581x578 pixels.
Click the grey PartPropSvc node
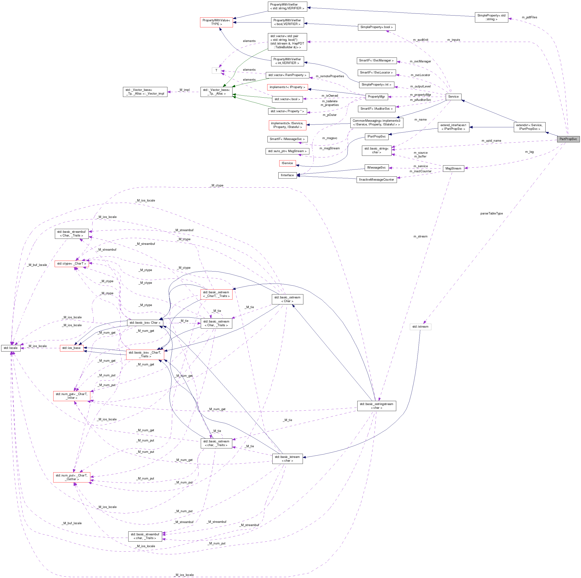point(568,139)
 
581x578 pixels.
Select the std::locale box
point(10,348)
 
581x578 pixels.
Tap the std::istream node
point(420,327)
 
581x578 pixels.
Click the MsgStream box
point(453,169)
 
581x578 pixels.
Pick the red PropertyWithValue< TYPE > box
point(216,22)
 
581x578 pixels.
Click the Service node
point(453,97)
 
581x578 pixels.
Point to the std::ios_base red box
point(71,348)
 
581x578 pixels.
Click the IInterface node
point(287,175)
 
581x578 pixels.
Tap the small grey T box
point(216,70)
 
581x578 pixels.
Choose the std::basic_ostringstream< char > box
point(376,406)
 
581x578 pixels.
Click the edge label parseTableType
point(491,214)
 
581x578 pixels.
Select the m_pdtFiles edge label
point(529,17)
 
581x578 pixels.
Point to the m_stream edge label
point(420,236)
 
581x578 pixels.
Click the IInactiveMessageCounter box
point(376,180)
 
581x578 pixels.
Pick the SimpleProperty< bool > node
point(376,27)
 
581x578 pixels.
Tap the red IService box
point(287,163)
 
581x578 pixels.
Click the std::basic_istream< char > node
point(287,459)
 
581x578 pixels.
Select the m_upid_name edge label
point(491,141)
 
